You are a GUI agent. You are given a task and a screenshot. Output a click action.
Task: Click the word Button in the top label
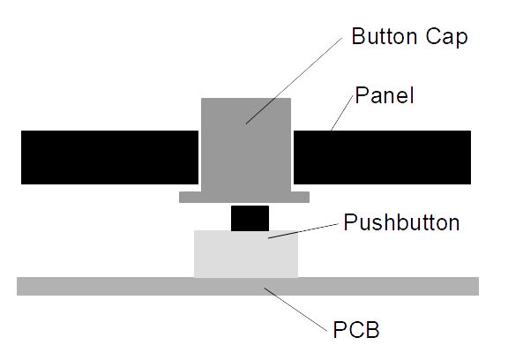pyautogui.click(x=385, y=36)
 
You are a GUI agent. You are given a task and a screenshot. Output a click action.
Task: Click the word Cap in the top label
pyautogui.click(x=446, y=37)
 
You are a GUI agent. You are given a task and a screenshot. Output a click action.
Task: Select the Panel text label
pyautogui.click(x=385, y=95)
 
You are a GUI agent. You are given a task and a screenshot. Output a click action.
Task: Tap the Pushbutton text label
pyautogui.click(x=401, y=222)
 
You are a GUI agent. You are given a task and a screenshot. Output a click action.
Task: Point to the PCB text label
pyautogui.click(x=356, y=330)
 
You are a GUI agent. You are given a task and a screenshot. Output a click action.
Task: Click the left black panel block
pyautogui.click(x=109, y=157)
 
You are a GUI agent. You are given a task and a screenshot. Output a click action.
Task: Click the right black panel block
pyautogui.click(x=382, y=157)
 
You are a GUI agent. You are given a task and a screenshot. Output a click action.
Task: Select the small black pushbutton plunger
pyautogui.click(x=250, y=218)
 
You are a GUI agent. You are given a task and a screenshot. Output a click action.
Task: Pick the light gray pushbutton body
pyautogui.click(x=246, y=254)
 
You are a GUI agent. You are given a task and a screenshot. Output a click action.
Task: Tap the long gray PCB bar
pyautogui.click(x=248, y=286)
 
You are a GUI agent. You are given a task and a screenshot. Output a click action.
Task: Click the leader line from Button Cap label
pyautogui.click(x=294, y=81)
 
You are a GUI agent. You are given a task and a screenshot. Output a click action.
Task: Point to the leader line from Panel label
pyautogui.click(x=342, y=113)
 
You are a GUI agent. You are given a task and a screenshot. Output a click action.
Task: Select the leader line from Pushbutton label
pyautogui.click(x=303, y=231)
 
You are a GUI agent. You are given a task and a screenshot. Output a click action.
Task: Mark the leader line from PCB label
pyautogui.click(x=295, y=310)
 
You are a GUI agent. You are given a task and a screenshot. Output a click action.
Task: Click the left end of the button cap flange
pyautogui.click(x=179, y=197)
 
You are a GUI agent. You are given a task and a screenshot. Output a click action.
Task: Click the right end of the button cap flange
pyautogui.click(x=310, y=197)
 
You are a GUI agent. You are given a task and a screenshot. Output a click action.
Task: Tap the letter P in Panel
pyautogui.click(x=361, y=95)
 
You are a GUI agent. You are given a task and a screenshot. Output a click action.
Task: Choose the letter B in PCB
pyautogui.click(x=372, y=330)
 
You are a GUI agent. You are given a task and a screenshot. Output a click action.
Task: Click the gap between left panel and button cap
pyautogui.click(x=200, y=157)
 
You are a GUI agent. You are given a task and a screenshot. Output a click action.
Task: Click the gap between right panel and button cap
pyautogui.click(x=292, y=157)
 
